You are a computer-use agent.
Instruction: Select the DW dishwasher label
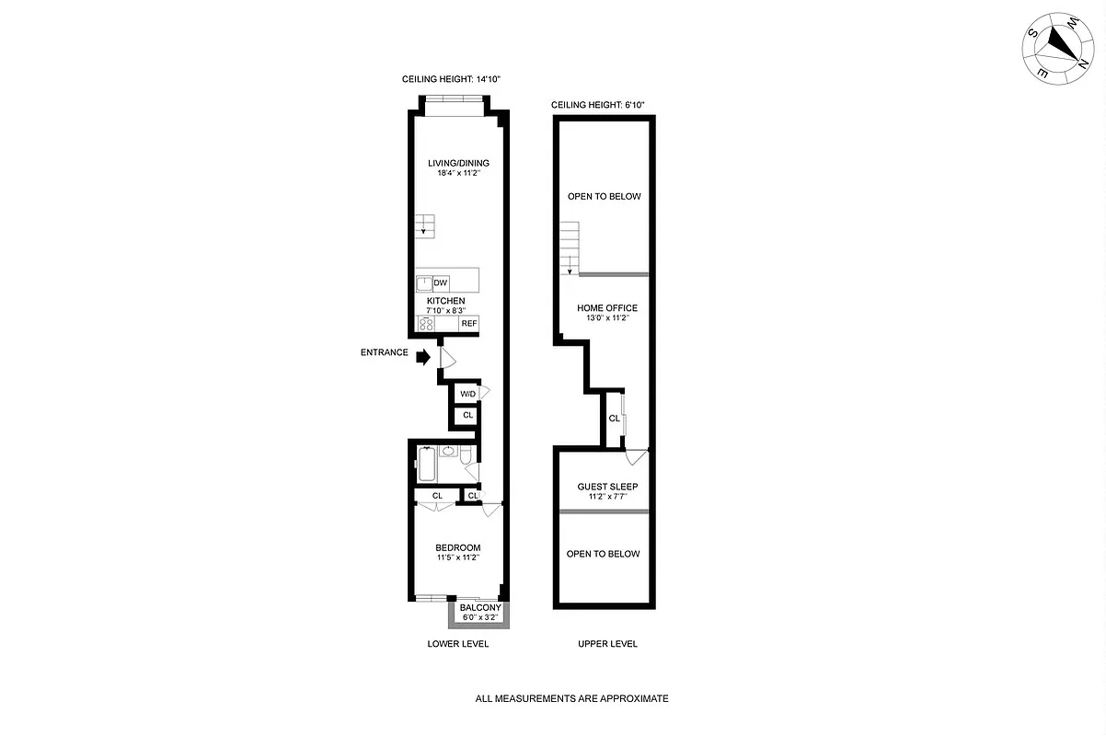click(x=441, y=282)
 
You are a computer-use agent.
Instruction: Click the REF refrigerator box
click(x=468, y=324)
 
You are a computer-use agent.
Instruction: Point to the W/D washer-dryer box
click(x=468, y=394)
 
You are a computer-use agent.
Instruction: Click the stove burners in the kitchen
click(x=427, y=323)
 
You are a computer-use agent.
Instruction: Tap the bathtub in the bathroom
click(x=427, y=463)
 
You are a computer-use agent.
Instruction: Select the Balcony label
click(x=480, y=608)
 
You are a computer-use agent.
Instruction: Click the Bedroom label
click(x=458, y=547)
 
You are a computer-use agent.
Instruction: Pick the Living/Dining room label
click(x=458, y=163)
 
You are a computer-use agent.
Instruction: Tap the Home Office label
click(x=607, y=308)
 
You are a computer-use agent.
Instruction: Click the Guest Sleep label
click(x=607, y=487)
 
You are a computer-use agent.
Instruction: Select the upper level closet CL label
click(x=614, y=419)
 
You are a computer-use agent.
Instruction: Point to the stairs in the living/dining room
click(x=424, y=225)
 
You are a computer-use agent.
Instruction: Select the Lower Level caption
click(x=458, y=644)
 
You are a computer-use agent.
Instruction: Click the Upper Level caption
click(x=607, y=644)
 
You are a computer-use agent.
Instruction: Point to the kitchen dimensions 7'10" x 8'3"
click(x=445, y=311)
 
